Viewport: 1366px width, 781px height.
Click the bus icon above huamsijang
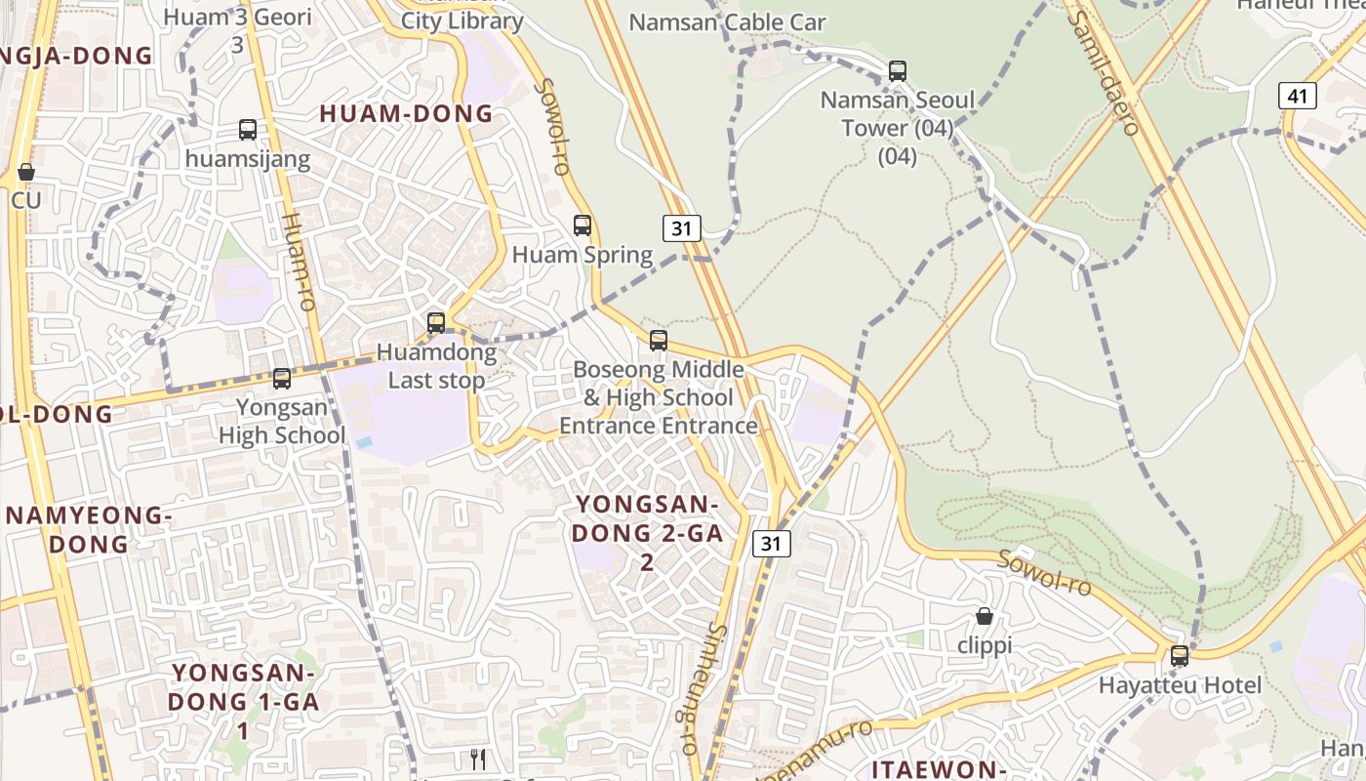pos(248,129)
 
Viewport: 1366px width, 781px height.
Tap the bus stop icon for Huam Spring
pos(583,226)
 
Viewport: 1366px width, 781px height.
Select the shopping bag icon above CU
pos(26,172)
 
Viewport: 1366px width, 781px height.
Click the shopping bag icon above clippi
pos(984,616)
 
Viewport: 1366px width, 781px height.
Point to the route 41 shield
pos(1298,96)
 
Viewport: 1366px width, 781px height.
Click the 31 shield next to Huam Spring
pos(682,228)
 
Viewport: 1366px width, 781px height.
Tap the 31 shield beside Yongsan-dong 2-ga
pos(771,544)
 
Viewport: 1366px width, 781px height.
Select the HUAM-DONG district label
pos(407,113)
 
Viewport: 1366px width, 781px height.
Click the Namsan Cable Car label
pos(727,21)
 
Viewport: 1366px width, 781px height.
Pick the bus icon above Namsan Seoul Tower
pos(898,71)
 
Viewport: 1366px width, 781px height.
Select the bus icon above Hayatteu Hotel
pos(1180,655)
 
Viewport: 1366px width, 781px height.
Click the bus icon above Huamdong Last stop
pos(436,322)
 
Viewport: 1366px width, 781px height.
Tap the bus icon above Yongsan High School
pos(282,379)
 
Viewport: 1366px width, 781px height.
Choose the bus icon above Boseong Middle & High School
pos(659,340)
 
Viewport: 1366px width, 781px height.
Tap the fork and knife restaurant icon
pos(478,760)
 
